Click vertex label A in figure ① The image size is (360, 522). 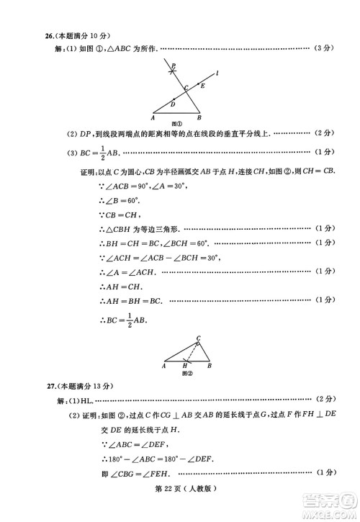point(153,117)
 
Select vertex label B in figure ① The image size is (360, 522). point(199,117)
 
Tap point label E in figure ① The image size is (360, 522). point(203,86)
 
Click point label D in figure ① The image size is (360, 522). point(173,104)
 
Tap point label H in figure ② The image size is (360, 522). point(184,366)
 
